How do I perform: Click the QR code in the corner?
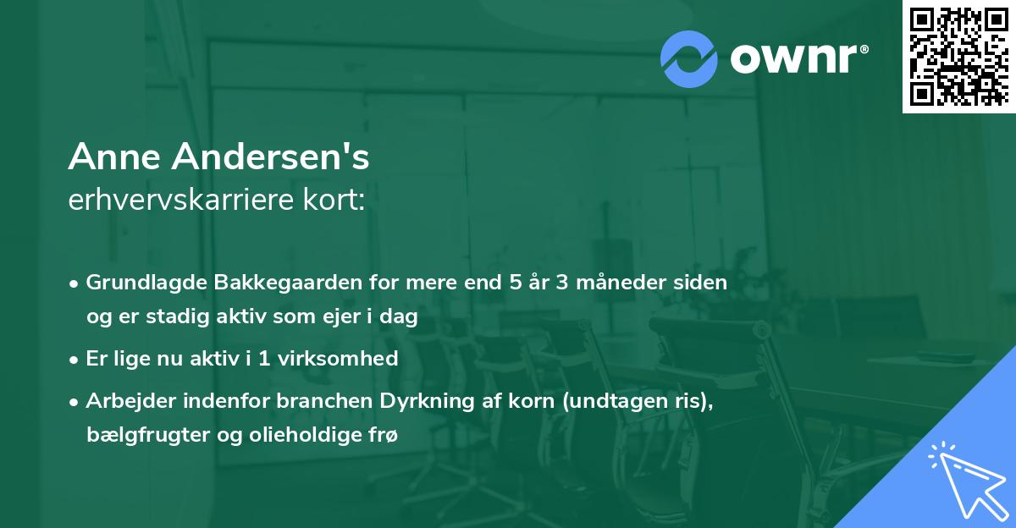[959, 56]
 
